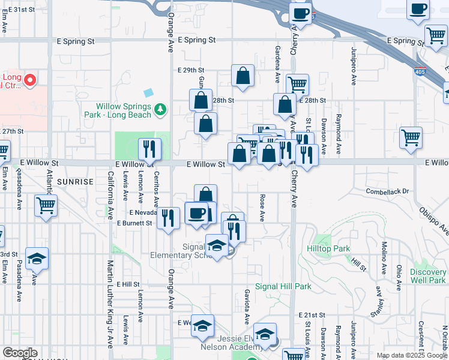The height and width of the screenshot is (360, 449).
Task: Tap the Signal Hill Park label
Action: click(x=283, y=287)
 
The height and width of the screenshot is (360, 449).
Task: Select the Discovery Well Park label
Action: click(x=429, y=276)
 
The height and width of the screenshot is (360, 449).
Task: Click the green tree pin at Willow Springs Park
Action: click(x=160, y=109)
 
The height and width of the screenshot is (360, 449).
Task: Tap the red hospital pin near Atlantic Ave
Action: click(x=29, y=79)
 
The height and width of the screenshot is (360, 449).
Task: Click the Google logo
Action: click(x=20, y=353)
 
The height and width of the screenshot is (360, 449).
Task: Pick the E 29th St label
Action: click(x=191, y=70)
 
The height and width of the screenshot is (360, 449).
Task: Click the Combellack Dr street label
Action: click(x=388, y=191)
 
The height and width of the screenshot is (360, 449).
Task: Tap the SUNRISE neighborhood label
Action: click(x=76, y=181)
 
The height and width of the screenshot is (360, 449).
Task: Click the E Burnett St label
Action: click(x=135, y=223)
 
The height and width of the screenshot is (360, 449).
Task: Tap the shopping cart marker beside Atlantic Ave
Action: click(x=46, y=205)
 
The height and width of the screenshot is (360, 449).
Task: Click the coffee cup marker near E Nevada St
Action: click(x=196, y=214)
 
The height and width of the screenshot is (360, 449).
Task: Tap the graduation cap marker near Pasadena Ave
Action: click(x=37, y=259)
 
